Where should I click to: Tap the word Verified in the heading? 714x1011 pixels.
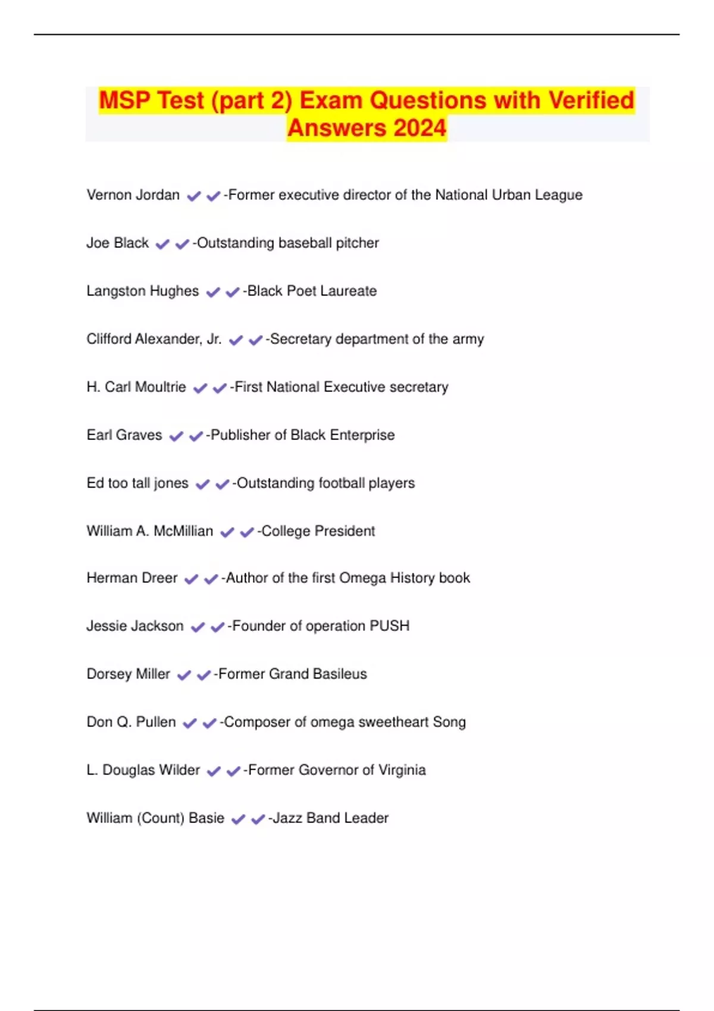(591, 100)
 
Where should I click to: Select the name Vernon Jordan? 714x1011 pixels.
(133, 195)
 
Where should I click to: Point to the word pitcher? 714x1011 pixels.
(357, 243)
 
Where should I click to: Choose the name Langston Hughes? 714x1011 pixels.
(142, 291)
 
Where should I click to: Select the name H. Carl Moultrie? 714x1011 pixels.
(136, 387)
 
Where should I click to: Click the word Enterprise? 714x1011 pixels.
(362, 435)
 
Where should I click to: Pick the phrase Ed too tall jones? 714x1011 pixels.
(137, 483)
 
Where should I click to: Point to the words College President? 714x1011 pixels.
(318, 531)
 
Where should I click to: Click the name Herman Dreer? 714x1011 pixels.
(131, 578)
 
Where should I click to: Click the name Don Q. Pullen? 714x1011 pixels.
(131, 722)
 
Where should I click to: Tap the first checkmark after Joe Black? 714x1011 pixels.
(162, 244)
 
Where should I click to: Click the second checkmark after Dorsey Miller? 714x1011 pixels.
(203, 675)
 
